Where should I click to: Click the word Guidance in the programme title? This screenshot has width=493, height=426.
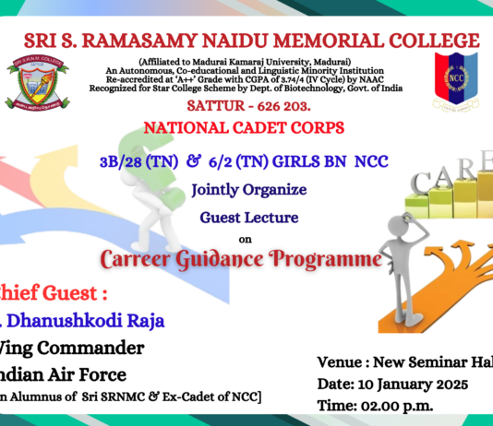(224, 260)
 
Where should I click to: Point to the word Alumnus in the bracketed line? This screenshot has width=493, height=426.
(53, 397)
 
